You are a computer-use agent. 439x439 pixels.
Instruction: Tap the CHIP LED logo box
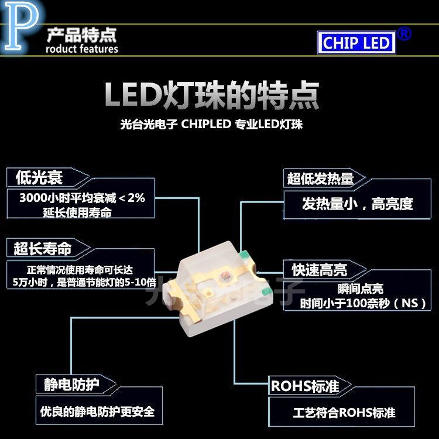click(x=356, y=42)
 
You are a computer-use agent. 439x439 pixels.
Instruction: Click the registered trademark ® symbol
click(x=404, y=33)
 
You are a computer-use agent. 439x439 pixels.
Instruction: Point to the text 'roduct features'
click(x=81, y=49)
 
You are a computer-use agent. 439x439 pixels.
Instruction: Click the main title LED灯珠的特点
click(x=212, y=94)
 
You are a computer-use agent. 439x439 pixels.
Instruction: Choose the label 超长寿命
click(x=43, y=248)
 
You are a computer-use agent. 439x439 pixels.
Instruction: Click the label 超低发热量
click(x=320, y=179)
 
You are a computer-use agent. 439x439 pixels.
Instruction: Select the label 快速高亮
click(x=320, y=269)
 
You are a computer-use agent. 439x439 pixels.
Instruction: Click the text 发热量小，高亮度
click(x=357, y=204)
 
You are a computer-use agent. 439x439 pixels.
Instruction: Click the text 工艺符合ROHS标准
click(x=344, y=413)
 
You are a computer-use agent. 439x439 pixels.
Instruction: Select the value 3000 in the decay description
click(x=32, y=198)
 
